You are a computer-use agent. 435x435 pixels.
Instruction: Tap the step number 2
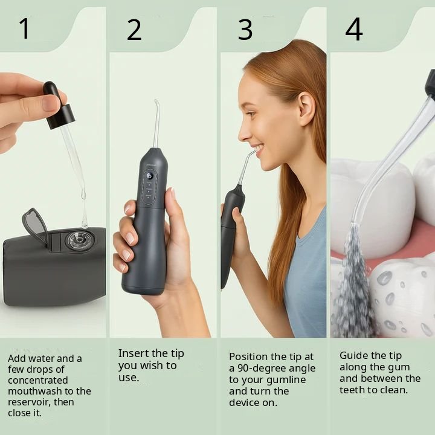134,30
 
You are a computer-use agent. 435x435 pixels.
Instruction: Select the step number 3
245,30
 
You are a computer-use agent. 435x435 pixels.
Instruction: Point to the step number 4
354,29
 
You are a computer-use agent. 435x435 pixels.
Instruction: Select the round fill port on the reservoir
80,239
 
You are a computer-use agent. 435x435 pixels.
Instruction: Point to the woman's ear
306,109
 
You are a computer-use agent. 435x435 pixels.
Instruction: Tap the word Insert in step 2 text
134,353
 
